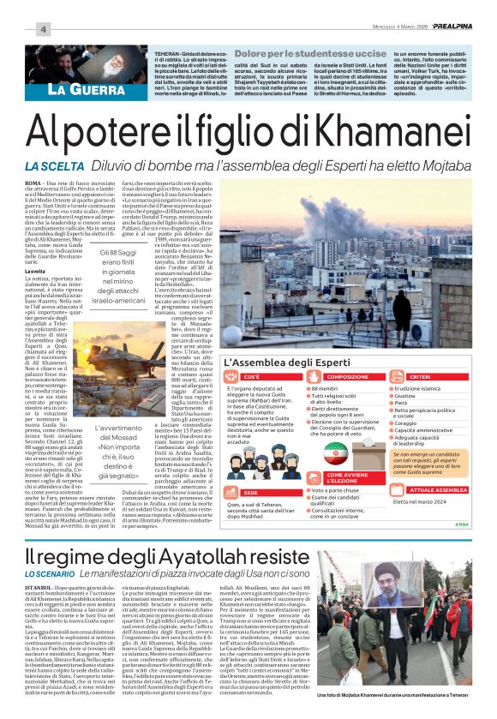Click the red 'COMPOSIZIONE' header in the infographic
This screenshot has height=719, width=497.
click(x=348, y=377)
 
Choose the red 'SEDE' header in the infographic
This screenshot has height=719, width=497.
click(x=250, y=494)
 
